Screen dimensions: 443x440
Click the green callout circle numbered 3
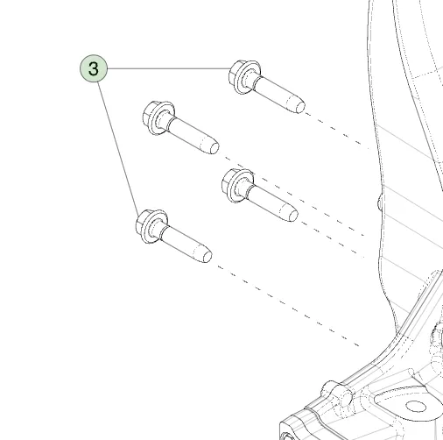pyautogui.click(x=94, y=68)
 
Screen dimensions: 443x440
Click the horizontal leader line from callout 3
pyautogui.click(x=169, y=68)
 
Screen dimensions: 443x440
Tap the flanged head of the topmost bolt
pyautogui.click(x=244, y=77)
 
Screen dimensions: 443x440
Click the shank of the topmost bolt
pyautogui.click(x=278, y=94)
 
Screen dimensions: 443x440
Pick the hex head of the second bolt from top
pyautogui.click(x=158, y=118)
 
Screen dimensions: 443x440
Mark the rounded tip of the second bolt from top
pyautogui.click(x=213, y=147)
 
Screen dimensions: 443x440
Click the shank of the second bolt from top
pyautogui.click(x=191, y=135)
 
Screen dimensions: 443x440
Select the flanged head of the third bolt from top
pyautogui.click(x=237, y=186)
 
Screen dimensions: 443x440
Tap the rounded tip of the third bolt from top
pyautogui.click(x=292, y=216)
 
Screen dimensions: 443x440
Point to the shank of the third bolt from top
pyautogui.click(x=271, y=202)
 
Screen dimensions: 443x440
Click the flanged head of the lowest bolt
pyautogui.click(x=151, y=226)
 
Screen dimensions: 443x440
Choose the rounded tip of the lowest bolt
pyautogui.click(x=206, y=257)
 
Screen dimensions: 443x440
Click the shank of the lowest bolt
pyautogui.click(x=184, y=244)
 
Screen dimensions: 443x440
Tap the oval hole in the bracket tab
pyautogui.click(x=416, y=406)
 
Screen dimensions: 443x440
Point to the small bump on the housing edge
pyautogui.click(x=380, y=202)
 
